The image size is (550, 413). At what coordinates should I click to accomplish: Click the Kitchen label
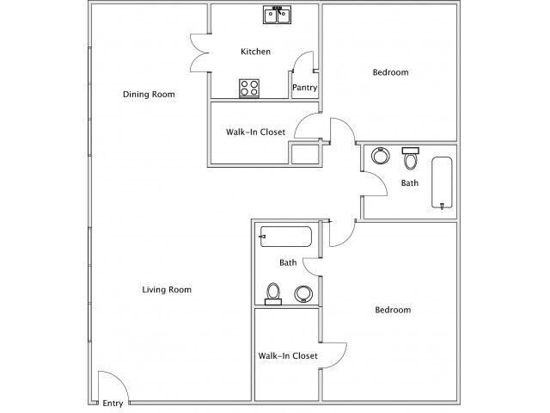[255, 52]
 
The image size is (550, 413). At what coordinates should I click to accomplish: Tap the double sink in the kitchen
[277, 15]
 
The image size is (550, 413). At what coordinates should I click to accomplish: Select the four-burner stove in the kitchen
[250, 88]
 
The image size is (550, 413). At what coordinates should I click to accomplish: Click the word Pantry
[305, 87]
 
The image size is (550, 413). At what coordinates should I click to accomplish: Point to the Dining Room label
[149, 94]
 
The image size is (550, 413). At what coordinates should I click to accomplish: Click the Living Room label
[166, 290]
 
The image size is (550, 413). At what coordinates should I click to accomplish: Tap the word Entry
[113, 404]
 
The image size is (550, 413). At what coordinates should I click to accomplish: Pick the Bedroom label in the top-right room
[390, 72]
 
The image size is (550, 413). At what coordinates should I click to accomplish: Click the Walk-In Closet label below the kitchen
[255, 132]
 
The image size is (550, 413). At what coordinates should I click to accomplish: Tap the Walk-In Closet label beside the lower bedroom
[288, 355]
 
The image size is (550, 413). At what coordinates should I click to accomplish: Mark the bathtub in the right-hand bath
[442, 182]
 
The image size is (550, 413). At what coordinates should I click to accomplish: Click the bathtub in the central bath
[287, 236]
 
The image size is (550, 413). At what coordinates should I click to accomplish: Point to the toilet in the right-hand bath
[411, 159]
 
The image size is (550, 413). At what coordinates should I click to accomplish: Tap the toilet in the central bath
[273, 293]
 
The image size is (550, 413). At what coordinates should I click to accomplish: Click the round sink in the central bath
[302, 294]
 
